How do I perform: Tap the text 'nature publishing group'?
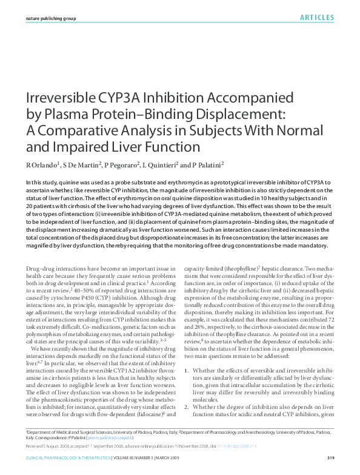[51, 19]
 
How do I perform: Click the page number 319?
[330, 457]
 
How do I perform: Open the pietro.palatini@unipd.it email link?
[114, 436]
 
